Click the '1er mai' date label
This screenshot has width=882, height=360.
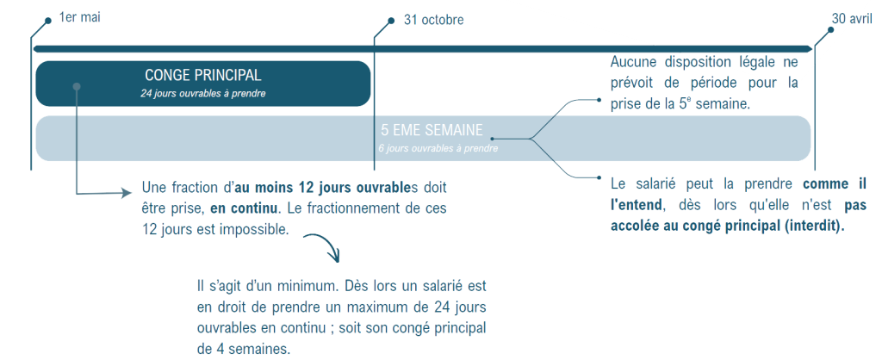79,18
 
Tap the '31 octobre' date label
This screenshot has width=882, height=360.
433,20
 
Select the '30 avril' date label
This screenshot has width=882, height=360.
852,20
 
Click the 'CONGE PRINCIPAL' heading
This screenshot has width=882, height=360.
203,76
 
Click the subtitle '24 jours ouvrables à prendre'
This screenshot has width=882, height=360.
203,93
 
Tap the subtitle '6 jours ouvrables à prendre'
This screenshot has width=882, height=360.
438,148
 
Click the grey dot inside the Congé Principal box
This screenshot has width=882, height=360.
77,86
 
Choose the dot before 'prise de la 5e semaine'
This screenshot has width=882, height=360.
599,100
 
